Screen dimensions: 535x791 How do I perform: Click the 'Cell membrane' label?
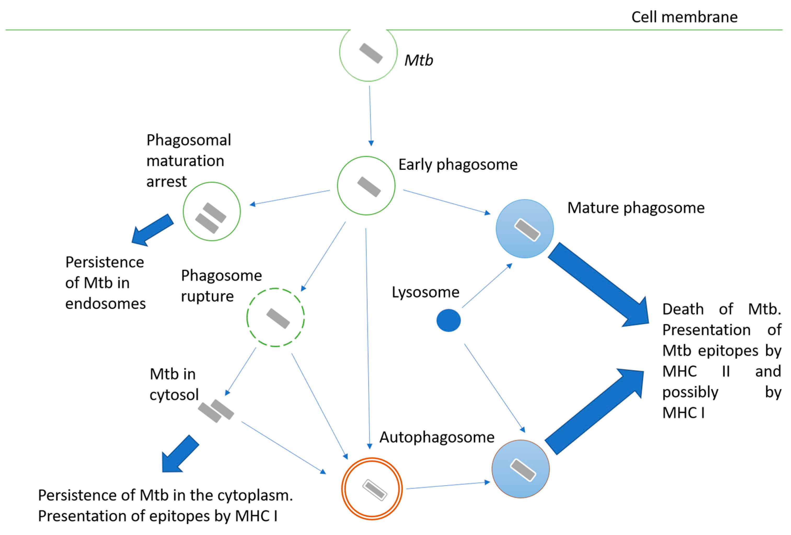[684, 17]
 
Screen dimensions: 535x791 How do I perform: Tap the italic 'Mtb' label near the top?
[418, 61]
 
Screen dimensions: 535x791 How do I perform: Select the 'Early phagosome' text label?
[458, 165]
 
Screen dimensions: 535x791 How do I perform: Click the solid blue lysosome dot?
[448, 320]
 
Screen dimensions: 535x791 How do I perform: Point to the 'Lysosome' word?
[425, 292]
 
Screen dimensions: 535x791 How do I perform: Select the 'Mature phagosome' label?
[636, 208]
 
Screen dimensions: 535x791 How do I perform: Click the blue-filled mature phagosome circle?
[524, 229]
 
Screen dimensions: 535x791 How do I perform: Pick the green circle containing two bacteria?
[212, 211]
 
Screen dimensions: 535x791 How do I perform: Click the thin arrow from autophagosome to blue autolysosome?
[448, 485]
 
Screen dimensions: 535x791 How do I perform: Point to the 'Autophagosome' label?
[437, 437]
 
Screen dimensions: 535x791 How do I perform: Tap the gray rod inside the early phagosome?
[369, 187]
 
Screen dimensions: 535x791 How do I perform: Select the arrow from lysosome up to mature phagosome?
[487, 286]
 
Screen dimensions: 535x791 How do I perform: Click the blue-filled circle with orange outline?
[521, 469]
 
